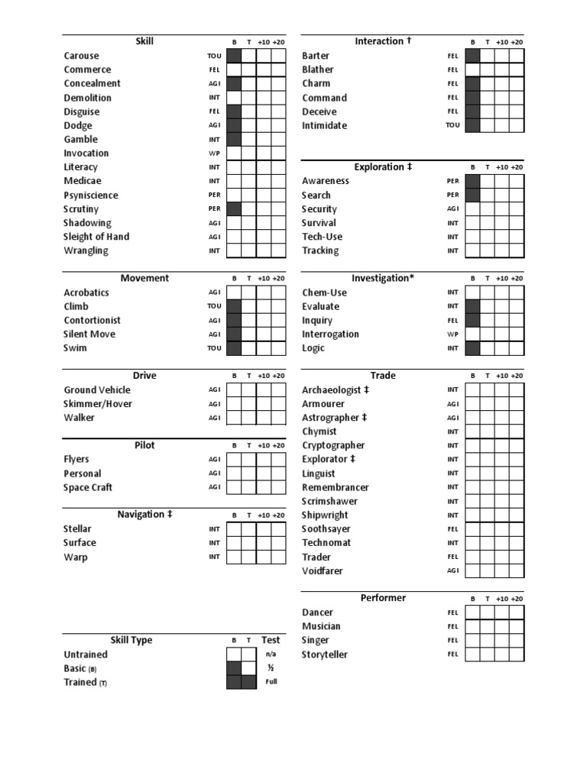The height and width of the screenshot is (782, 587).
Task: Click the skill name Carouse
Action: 81,56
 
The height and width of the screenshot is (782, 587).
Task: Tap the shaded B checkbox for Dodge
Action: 234,125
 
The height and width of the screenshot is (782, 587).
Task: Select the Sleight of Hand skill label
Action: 96,237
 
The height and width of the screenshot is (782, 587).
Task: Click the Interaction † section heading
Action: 383,41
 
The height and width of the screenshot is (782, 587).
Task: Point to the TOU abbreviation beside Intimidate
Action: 453,126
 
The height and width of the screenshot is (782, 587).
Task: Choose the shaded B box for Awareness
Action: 472,181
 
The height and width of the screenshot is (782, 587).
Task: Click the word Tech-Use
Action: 322,237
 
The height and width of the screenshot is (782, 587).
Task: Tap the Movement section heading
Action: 144,278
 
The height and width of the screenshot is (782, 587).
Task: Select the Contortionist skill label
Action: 92,320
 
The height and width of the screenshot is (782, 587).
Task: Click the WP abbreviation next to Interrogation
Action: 452,334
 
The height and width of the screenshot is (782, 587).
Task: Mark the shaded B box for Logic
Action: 472,348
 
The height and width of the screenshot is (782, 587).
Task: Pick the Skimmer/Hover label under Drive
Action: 98,404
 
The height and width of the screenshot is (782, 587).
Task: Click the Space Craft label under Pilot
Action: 88,487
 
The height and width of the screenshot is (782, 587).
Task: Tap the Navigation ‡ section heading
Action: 144,515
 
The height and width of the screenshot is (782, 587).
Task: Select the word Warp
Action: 75,557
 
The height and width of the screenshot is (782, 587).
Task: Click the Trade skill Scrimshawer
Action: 329,501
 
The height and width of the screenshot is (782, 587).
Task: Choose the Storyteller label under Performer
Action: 326,654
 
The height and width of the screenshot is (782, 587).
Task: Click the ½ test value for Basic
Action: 271,667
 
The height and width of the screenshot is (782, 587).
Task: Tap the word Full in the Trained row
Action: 271,681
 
